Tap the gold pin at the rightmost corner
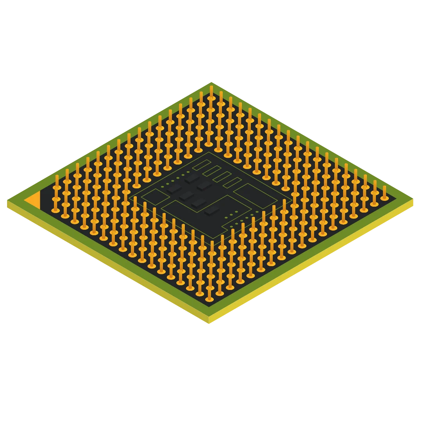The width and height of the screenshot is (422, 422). [x=384, y=193]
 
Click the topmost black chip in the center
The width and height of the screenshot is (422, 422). [x=192, y=179]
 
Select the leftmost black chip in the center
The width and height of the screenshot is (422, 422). [x=174, y=189]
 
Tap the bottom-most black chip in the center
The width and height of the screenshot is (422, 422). [x=211, y=210]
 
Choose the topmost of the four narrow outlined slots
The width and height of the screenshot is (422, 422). [x=202, y=165]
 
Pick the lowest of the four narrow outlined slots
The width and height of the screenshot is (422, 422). [x=232, y=182]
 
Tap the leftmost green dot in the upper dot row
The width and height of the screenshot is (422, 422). [x=163, y=187]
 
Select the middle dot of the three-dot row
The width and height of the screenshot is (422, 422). [x=231, y=215]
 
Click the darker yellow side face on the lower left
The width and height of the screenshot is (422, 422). [x=105, y=262]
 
